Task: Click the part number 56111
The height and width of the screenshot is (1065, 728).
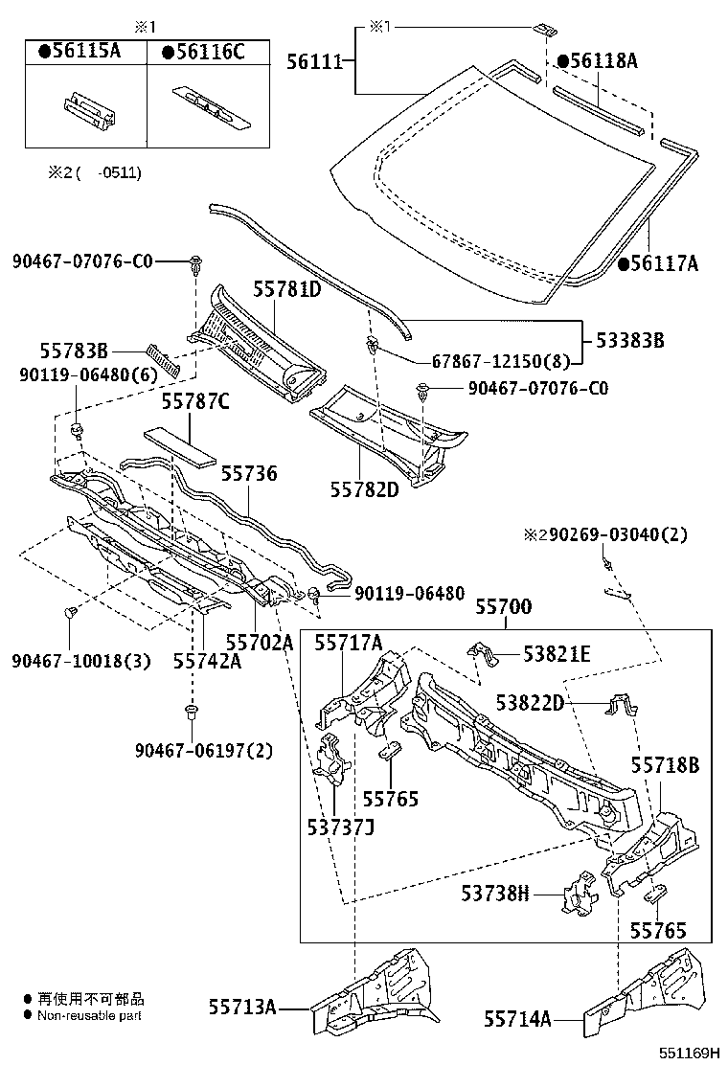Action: (x=314, y=61)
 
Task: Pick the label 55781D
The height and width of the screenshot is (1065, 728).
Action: (x=286, y=288)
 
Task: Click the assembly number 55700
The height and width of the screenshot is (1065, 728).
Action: (x=504, y=606)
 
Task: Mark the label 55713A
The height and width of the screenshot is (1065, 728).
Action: (x=242, y=1007)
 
